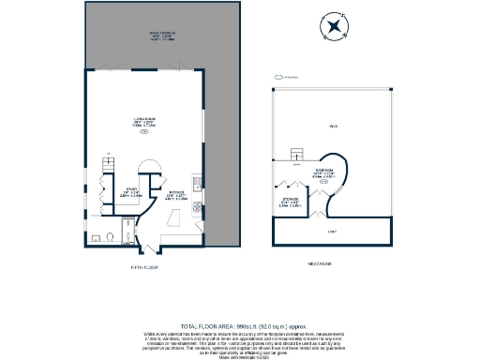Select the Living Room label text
[x=143, y=123]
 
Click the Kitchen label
[x=173, y=196]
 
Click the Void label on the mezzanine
[x=332, y=127]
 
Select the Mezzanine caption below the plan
[x=332, y=264]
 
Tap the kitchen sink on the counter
[x=197, y=181]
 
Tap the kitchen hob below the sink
[x=197, y=199]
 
